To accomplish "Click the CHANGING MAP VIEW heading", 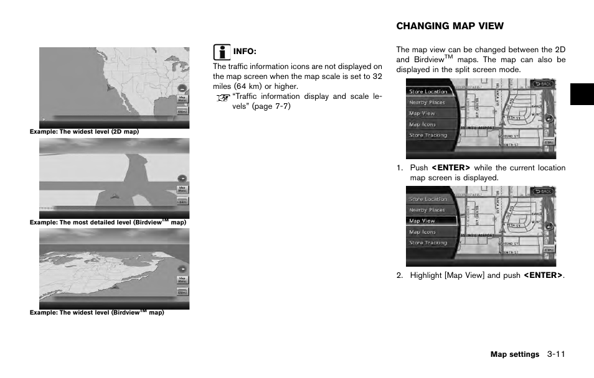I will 450,26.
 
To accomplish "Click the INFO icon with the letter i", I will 220,51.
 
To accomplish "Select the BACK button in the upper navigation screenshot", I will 544,83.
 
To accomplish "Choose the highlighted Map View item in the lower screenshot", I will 422,221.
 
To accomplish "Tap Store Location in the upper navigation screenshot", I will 428,91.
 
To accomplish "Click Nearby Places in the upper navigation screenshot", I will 427,103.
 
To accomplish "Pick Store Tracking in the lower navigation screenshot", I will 428,243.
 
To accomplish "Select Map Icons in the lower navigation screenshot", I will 422,232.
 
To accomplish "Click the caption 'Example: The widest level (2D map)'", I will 84,132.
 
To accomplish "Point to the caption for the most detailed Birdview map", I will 108,222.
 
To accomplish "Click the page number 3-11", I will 556,354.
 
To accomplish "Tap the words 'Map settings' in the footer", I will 514,354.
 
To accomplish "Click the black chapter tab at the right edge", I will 582,94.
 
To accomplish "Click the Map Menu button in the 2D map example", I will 182,98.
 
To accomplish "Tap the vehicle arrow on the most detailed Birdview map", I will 114,196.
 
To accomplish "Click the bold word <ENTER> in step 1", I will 451,168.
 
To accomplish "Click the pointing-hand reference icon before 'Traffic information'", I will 222,98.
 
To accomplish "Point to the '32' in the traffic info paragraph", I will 377,76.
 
